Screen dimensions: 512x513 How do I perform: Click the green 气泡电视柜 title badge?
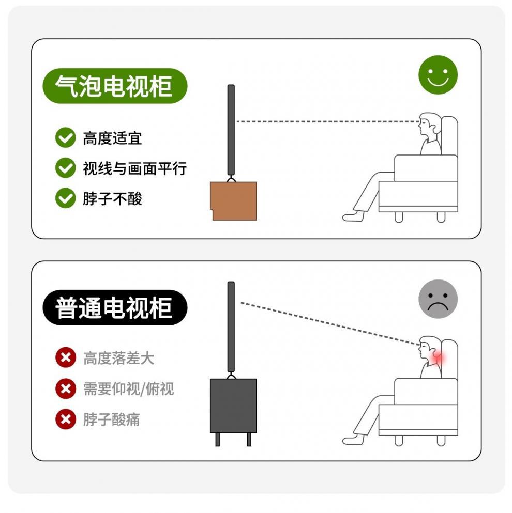115,86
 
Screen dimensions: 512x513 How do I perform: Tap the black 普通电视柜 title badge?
115,307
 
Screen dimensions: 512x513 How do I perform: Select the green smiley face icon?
438,75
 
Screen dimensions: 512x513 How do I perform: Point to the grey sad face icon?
438,299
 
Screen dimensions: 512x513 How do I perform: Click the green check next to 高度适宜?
66,137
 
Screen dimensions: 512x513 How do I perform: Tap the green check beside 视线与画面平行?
66,168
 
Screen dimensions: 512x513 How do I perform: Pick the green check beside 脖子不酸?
66,198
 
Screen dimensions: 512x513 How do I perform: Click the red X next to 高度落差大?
66,357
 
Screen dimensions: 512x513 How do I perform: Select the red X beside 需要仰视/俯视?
66,388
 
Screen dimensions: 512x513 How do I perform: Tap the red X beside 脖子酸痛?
66,419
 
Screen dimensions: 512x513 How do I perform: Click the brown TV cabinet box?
233,201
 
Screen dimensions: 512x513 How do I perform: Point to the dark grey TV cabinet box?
233,406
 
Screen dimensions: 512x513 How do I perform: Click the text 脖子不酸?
112,198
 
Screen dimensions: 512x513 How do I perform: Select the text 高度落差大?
118,358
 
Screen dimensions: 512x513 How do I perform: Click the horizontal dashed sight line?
328,122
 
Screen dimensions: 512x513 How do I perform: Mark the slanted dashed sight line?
330,323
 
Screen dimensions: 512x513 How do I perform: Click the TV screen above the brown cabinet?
231,130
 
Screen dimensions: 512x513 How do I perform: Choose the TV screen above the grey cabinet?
231,327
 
